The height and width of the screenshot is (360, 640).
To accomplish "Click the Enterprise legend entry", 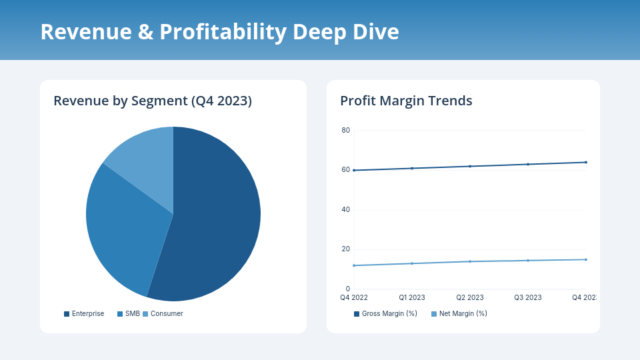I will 84,314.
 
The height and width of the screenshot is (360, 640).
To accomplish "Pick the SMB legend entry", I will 129,314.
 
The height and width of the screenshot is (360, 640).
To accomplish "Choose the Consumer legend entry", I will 163,314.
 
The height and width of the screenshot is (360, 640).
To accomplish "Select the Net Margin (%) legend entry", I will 459,314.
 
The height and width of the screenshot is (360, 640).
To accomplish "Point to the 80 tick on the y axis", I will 345,131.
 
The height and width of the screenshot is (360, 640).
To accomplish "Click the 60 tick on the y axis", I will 345,170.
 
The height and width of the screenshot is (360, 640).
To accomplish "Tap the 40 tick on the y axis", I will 345,210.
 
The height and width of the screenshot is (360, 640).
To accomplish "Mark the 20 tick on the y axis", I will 345,249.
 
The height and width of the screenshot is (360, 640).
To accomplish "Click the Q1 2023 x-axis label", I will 412,298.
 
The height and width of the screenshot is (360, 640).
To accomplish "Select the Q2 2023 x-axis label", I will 470,298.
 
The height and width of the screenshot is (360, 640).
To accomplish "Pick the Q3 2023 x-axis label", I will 527,298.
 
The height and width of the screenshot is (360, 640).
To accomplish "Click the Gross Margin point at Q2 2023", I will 470,166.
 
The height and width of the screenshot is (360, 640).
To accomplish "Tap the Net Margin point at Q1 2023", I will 412,263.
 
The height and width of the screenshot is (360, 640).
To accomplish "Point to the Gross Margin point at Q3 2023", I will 528,164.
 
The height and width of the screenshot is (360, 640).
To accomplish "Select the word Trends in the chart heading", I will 450,101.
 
